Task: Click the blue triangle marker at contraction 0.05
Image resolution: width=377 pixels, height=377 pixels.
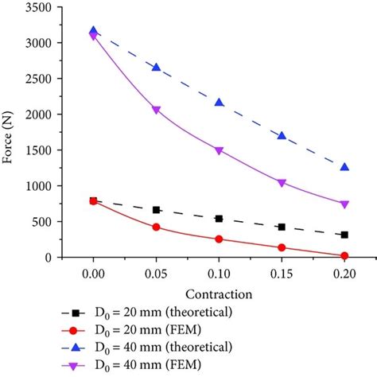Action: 157,68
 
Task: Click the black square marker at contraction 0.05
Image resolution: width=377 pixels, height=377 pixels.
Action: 157,210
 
